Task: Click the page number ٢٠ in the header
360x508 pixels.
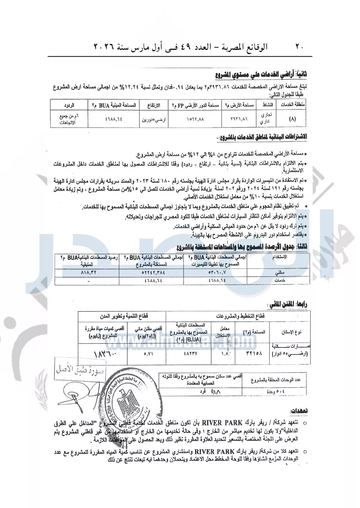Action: click(299, 47)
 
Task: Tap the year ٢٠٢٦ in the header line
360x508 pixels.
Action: click(103, 47)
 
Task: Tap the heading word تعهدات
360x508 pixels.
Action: click(299, 411)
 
